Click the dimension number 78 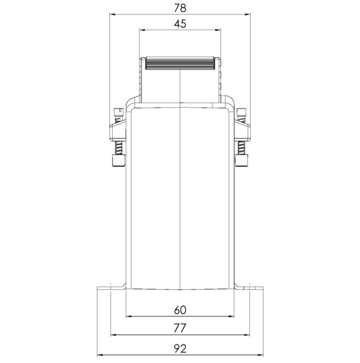pyautogui.click(x=180, y=8)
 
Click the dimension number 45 pyautogui.click(x=180, y=24)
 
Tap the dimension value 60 pyautogui.click(x=180, y=310)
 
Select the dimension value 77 pyautogui.click(x=180, y=328)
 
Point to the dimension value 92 pyautogui.click(x=180, y=349)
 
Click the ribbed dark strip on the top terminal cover pyautogui.click(x=180, y=64)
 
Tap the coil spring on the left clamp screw pyautogui.click(x=118, y=148)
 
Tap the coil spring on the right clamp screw pyautogui.click(x=241, y=148)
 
